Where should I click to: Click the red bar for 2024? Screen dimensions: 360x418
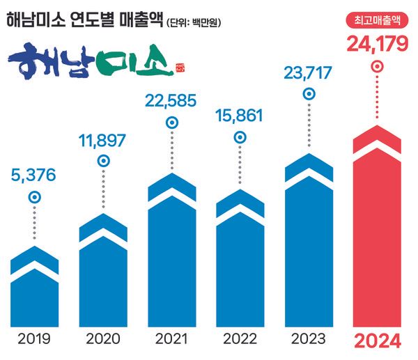pyautogui.click(x=377, y=230)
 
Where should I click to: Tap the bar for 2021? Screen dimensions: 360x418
pyautogui.click(x=171, y=251)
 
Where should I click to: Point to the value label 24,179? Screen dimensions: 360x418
pyautogui.click(x=377, y=44)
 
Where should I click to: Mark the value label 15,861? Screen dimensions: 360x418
pyautogui.click(x=240, y=114)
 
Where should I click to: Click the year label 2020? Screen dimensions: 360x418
pyautogui.click(x=102, y=340)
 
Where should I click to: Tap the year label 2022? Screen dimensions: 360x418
pyautogui.click(x=240, y=340)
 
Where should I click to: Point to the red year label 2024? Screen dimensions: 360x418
pyautogui.click(x=377, y=341)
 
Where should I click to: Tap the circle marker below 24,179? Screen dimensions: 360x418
pyautogui.click(x=377, y=68)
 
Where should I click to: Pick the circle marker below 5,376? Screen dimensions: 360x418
pyautogui.click(x=34, y=197)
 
